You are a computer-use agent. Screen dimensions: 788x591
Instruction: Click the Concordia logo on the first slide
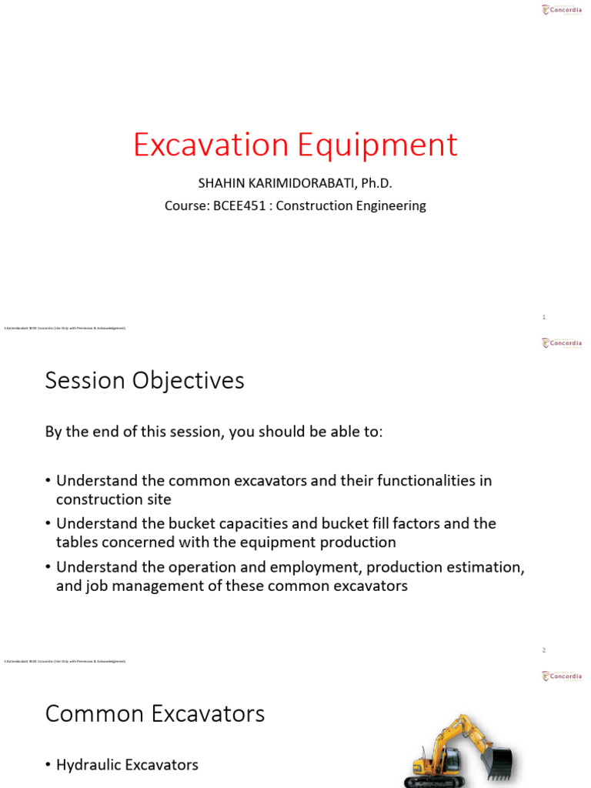click(x=562, y=10)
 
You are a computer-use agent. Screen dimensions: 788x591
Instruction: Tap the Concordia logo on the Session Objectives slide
click(x=562, y=343)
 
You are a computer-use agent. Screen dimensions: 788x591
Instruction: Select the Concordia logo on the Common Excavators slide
click(x=562, y=676)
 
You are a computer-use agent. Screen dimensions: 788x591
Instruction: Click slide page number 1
click(x=543, y=317)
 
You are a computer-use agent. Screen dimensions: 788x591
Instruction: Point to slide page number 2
click(x=543, y=650)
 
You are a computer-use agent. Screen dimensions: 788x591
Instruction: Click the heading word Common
click(x=95, y=714)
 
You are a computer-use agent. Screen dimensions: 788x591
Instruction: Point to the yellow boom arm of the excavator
click(x=454, y=735)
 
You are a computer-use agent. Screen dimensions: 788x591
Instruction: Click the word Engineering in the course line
click(x=389, y=205)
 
